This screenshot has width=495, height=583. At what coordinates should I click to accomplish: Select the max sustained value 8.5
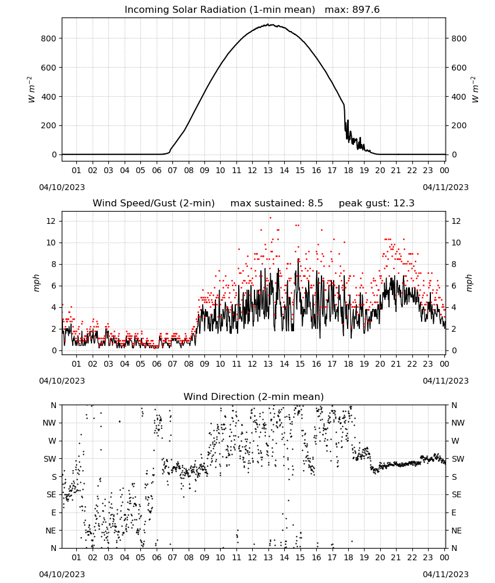[x=315, y=203]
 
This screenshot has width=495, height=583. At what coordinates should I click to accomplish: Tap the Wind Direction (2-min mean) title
[x=254, y=396]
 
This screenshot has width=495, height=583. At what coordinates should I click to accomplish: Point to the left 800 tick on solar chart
[x=49, y=38]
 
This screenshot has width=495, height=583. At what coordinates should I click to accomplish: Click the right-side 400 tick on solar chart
[x=459, y=97]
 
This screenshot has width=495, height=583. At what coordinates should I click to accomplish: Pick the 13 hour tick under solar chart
[x=268, y=170]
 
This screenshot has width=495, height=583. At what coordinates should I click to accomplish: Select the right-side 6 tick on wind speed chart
[x=454, y=286]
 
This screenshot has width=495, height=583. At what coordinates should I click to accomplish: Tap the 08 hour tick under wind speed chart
[x=189, y=364]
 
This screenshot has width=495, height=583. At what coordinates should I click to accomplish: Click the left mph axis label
[x=36, y=283]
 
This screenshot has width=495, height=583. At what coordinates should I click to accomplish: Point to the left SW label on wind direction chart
[x=50, y=459]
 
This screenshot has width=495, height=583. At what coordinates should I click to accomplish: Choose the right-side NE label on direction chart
[x=457, y=531]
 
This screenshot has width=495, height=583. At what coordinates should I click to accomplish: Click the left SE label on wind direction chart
[x=52, y=494]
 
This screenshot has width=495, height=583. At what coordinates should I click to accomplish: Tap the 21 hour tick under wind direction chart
[x=396, y=557]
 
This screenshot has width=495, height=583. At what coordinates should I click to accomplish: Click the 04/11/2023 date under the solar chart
[x=446, y=187]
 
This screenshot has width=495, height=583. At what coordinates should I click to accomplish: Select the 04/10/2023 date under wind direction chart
[x=62, y=574]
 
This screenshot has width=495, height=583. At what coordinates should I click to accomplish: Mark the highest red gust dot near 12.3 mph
[x=270, y=218]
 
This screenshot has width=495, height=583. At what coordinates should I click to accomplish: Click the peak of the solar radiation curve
[x=270, y=24]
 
